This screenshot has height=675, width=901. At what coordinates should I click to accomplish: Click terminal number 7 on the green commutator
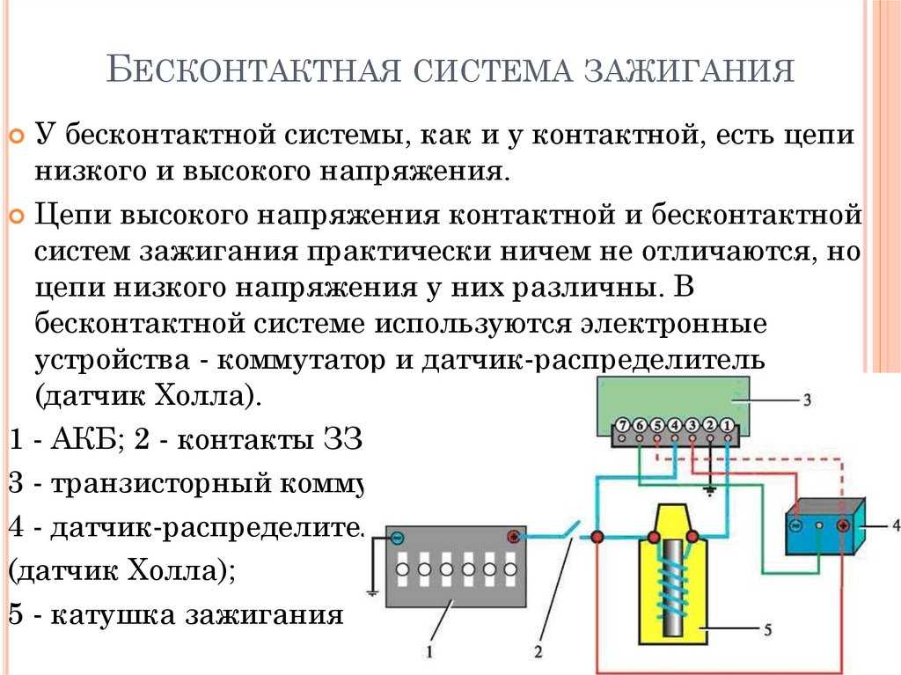622,424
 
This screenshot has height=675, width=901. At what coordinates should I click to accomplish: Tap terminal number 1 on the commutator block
728,424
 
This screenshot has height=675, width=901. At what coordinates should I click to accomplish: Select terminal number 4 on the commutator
675,424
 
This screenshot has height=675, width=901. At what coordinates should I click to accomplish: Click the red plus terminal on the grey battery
513,536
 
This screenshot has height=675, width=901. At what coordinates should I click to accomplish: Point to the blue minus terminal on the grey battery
398,536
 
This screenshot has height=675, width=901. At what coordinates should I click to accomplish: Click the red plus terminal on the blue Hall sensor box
842,525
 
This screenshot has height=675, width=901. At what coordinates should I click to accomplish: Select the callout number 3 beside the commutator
806,399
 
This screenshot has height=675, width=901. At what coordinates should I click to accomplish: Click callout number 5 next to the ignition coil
767,629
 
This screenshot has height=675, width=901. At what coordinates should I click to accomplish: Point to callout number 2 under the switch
538,652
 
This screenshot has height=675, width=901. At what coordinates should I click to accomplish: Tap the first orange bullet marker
16,136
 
